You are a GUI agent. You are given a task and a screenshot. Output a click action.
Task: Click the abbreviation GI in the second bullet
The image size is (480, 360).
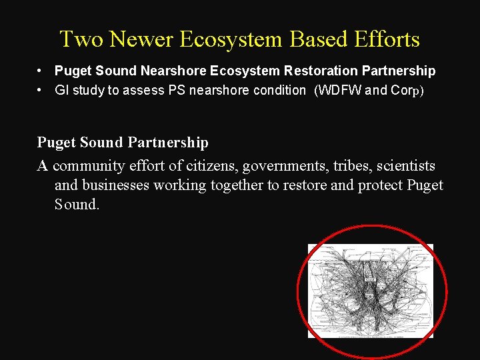pos(61,90)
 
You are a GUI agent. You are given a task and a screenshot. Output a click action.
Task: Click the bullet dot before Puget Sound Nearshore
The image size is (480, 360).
pos(41,71)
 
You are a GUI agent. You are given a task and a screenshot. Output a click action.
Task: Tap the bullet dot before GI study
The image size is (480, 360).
pos(41,90)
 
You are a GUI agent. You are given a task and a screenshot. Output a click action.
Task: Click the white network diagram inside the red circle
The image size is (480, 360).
pos(370,291)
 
